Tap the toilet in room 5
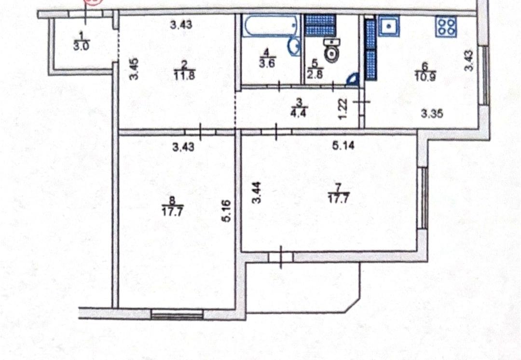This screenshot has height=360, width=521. (332, 50)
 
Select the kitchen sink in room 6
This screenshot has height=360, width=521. (389, 26)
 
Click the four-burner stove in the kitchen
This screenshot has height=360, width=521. (447, 26)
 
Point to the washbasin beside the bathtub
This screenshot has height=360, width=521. (294, 47)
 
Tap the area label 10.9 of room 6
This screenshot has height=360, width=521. (425, 77)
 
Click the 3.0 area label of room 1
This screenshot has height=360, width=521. (81, 46)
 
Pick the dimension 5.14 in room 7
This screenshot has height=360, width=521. (343, 145)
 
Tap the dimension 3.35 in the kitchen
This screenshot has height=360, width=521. (432, 114)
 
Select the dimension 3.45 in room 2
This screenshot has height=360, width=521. (134, 69)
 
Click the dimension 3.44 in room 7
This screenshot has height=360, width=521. (257, 193)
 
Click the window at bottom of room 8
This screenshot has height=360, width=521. (178, 313)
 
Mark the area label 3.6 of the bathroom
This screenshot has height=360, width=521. (267, 64)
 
